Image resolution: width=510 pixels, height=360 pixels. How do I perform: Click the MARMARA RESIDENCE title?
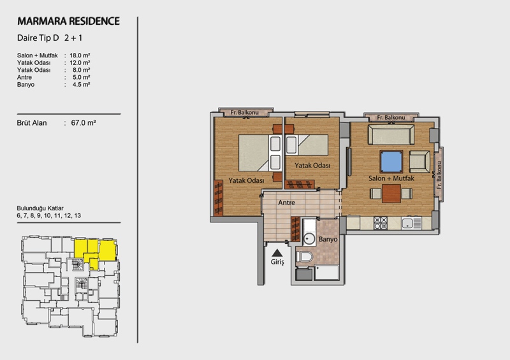69,21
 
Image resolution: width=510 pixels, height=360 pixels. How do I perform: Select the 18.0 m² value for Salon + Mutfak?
80,55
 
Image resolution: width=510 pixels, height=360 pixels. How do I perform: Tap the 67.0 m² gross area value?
84,123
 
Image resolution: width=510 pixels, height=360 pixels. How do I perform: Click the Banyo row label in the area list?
25,85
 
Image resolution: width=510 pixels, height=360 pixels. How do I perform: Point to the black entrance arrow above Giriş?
277,253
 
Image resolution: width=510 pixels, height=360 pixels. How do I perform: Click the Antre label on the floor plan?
286,203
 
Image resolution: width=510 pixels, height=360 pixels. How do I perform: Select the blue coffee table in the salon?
391,162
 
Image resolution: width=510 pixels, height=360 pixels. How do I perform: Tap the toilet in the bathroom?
305,256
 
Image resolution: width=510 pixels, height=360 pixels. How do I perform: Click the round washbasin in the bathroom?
309,239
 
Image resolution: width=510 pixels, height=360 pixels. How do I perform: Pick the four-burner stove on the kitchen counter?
380,223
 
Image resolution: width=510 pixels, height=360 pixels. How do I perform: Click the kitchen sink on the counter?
411,223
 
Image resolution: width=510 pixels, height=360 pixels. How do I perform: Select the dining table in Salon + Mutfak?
391,194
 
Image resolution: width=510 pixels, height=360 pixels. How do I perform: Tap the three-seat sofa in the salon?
391,134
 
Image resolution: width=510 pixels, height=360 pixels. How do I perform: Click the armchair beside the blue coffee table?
419,162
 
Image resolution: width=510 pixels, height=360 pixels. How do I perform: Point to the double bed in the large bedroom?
259,153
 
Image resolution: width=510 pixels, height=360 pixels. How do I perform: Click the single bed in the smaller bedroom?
307,145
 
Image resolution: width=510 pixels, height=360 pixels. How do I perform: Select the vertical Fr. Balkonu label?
439,175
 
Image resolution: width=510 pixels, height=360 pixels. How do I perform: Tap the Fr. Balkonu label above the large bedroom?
245,113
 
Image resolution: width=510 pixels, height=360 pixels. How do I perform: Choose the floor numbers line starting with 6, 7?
49,215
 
